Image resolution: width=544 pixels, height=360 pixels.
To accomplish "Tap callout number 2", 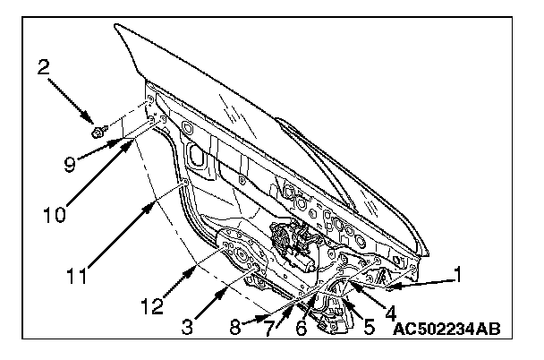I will click(x=43, y=66).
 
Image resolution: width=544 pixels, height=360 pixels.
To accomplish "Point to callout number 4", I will click(x=390, y=315).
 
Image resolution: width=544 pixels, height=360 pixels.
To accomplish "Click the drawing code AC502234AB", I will click(x=446, y=330).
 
